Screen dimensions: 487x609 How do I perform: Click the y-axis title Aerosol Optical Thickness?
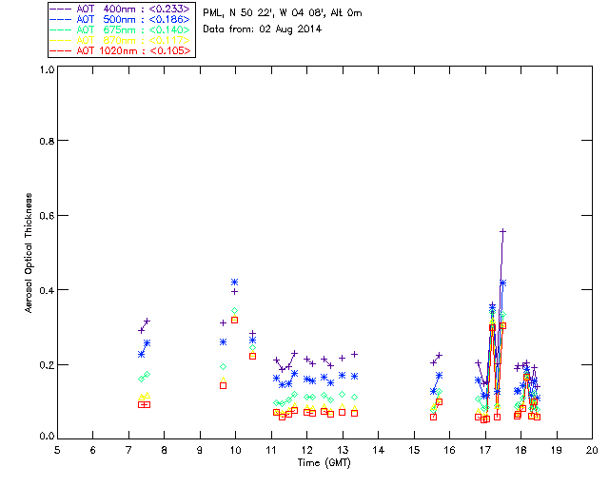[x=30, y=252]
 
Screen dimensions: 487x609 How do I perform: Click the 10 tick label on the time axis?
[x=235, y=450]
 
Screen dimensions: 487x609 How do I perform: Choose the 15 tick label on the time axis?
[x=414, y=450]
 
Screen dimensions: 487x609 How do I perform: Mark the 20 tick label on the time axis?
[x=592, y=450]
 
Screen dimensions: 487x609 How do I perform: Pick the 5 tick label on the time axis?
[x=57, y=450]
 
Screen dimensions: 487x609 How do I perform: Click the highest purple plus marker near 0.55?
[x=502, y=231]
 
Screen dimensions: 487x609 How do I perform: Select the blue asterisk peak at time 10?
[x=235, y=282]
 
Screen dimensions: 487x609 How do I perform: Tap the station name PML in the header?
[x=214, y=12]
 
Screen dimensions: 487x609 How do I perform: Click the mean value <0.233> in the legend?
[x=171, y=10]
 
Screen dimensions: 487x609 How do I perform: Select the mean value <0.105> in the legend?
[x=171, y=49]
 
